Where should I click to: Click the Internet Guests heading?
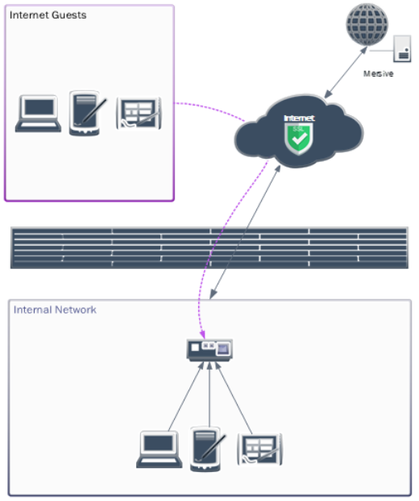pyautogui.click(x=48, y=14)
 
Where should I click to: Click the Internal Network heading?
pyautogui.click(x=55, y=309)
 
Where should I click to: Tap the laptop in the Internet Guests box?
pyautogui.click(x=38, y=114)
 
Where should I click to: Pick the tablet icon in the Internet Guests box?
pyautogui.click(x=139, y=114)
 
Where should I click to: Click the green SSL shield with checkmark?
pyautogui.click(x=297, y=138)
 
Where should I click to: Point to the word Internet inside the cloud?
pyautogui.click(x=298, y=118)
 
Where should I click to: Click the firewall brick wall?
pyautogui.click(x=209, y=247)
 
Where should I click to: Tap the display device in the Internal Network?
pyautogui.click(x=209, y=349)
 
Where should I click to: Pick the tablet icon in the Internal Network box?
pyautogui.click(x=259, y=449)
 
